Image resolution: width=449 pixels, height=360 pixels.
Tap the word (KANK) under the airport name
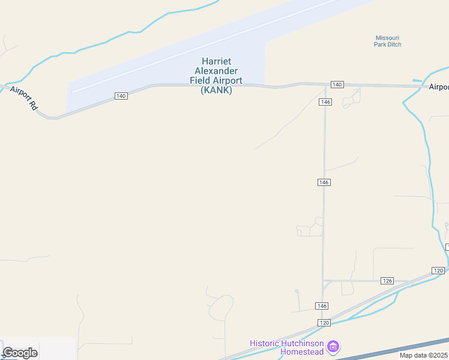point(216,91)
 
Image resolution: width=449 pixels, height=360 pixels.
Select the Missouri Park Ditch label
point(388,41)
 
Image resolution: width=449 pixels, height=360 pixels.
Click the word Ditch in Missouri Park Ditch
point(394,44)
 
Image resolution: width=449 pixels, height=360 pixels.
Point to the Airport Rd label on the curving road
point(25,98)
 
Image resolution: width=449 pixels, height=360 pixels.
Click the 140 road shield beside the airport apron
point(121,96)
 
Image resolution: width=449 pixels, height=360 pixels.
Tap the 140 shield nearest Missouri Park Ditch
point(337,85)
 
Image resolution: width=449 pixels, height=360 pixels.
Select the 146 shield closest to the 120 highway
point(322,306)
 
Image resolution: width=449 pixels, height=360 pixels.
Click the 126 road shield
point(387,281)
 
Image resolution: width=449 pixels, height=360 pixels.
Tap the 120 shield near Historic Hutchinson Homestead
point(324,323)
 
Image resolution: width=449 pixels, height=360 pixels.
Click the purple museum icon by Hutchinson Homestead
point(334,346)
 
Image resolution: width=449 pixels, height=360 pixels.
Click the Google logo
point(20,353)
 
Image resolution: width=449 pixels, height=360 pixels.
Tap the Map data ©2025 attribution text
point(424,355)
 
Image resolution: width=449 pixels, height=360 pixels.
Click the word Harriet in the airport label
point(216,61)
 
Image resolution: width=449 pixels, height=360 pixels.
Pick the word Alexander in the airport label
point(216,71)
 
